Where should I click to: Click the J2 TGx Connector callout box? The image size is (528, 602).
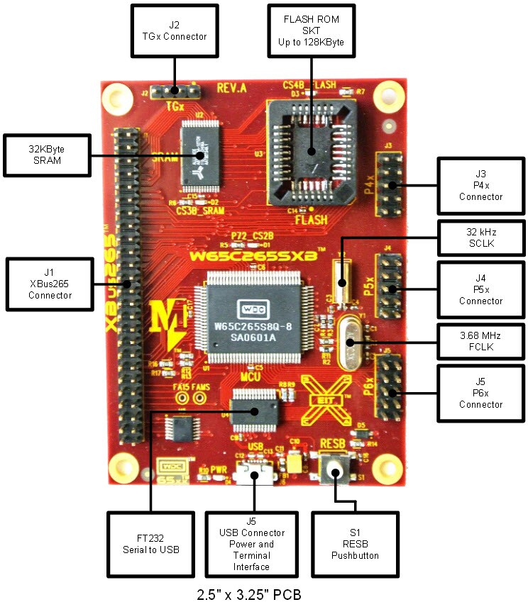[x=173, y=30]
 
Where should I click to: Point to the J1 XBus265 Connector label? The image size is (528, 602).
[x=48, y=284]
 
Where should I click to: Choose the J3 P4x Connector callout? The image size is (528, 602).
[x=480, y=186]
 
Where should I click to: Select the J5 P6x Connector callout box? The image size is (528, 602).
[x=480, y=393]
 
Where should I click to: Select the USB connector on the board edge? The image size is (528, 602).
[x=255, y=474]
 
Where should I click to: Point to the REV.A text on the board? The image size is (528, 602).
[x=231, y=89]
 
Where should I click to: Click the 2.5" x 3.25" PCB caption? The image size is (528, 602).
[x=248, y=593]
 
